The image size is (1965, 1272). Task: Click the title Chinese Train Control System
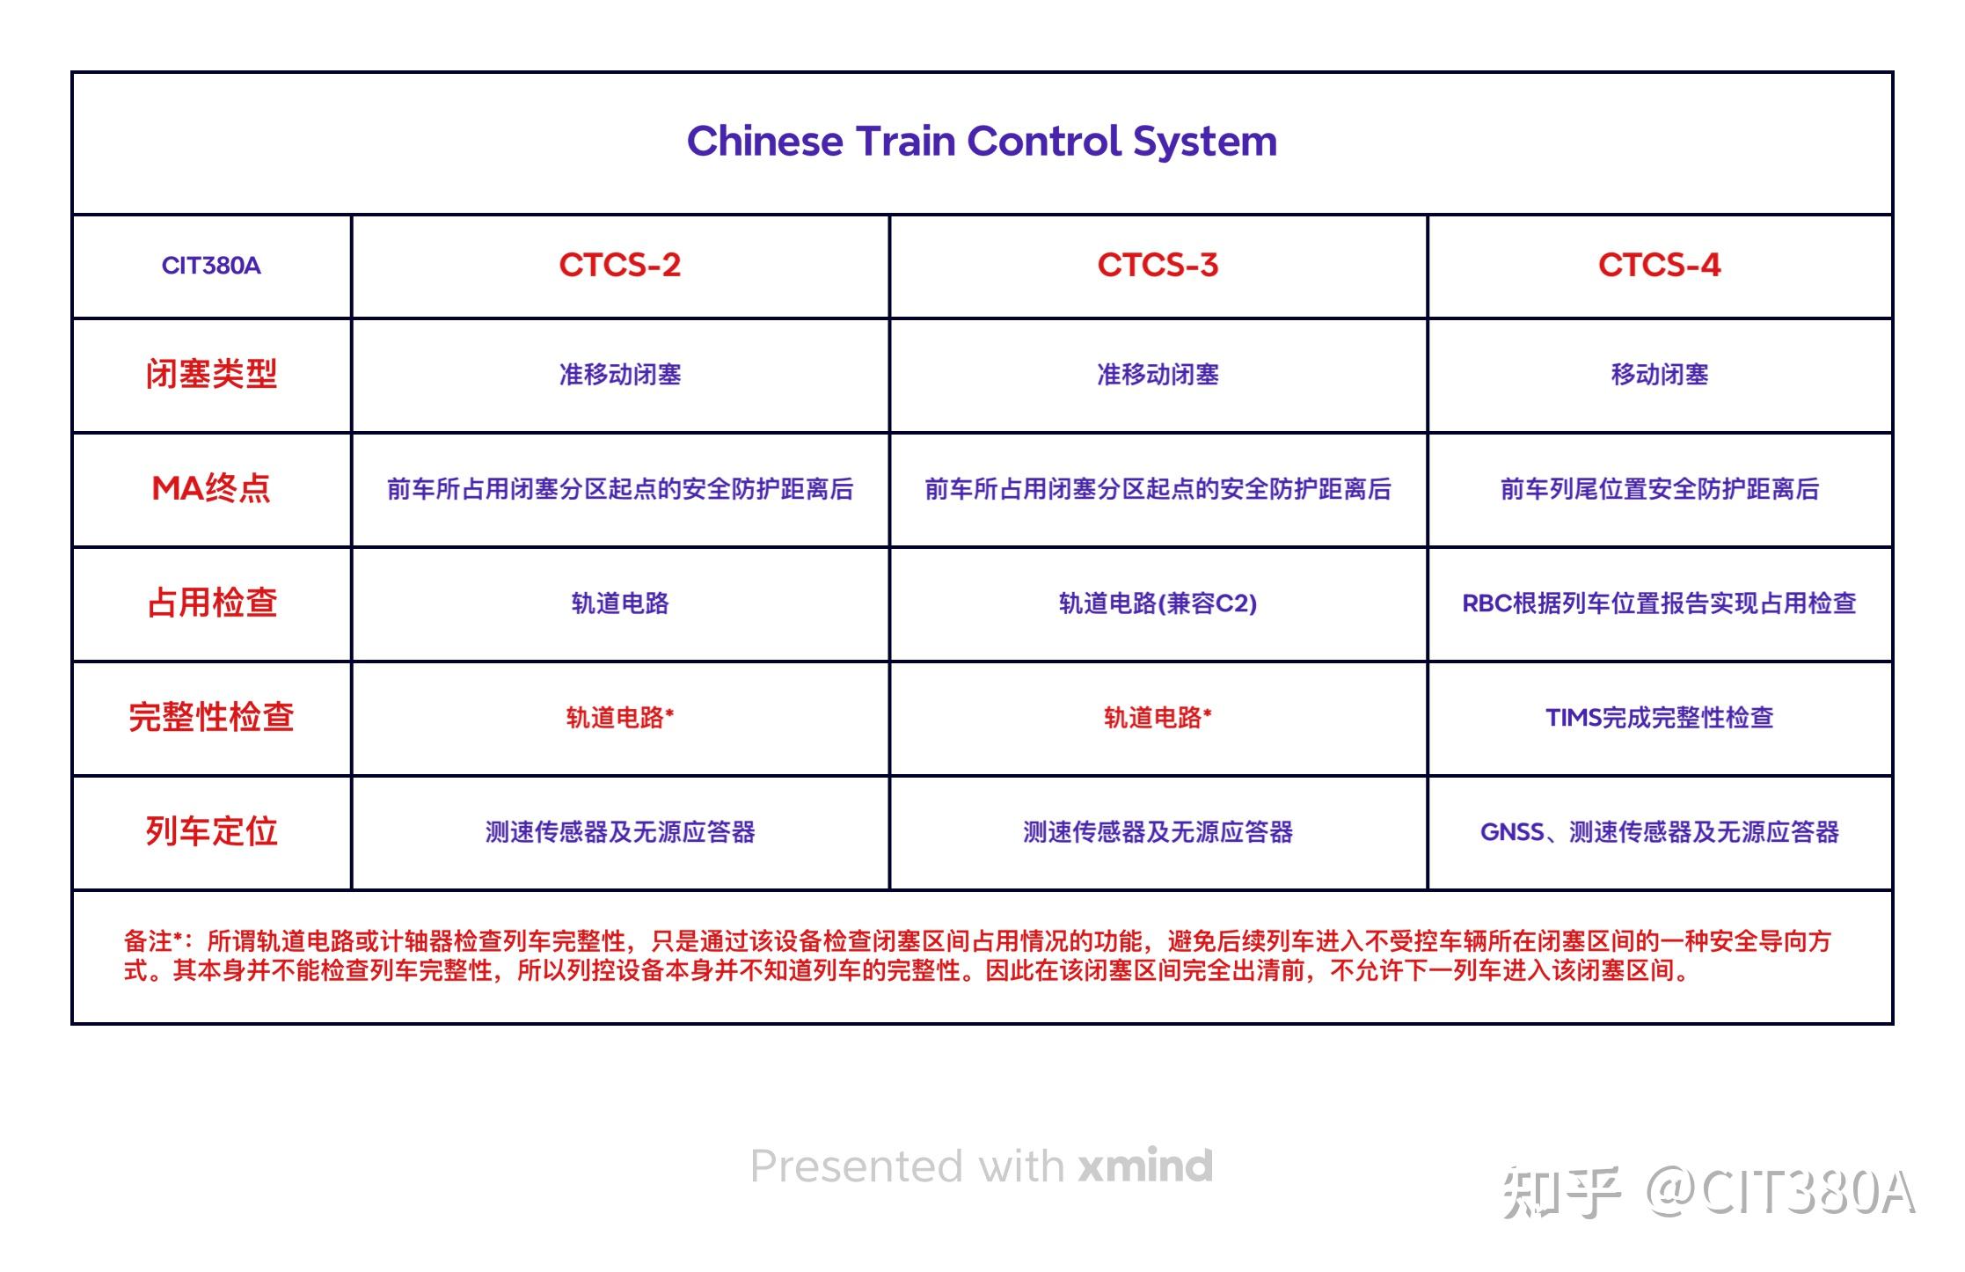click(982, 142)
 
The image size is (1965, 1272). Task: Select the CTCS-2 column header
click(620, 265)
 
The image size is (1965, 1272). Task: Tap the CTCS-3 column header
click(1158, 265)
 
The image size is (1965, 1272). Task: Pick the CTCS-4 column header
click(1659, 265)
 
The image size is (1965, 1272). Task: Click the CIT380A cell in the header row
click(211, 266)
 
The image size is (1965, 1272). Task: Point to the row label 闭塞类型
click(211, 375)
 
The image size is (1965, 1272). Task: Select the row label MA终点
click(211, 488)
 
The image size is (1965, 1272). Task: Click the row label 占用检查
click(211, 603)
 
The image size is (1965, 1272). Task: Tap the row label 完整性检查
click(211, 717)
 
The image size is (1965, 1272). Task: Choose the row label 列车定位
click(211, 831)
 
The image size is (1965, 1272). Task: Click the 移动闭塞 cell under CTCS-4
click(1659, 375)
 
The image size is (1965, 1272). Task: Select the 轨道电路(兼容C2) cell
click(1158, 603)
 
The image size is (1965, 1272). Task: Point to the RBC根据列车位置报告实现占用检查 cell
click(1659, 603)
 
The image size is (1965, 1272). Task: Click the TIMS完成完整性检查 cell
click(1659, 718)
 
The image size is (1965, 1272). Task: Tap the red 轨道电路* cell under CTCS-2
click(620, 718)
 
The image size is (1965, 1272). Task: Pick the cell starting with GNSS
click(1659, 832)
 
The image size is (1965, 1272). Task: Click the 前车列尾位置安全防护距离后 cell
click(1659, 489)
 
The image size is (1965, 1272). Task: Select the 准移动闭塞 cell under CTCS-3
click(1158, 375)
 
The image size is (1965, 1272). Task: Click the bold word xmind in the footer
click(1145, 1166)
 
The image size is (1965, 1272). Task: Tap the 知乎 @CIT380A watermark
click(1708, 1193)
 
